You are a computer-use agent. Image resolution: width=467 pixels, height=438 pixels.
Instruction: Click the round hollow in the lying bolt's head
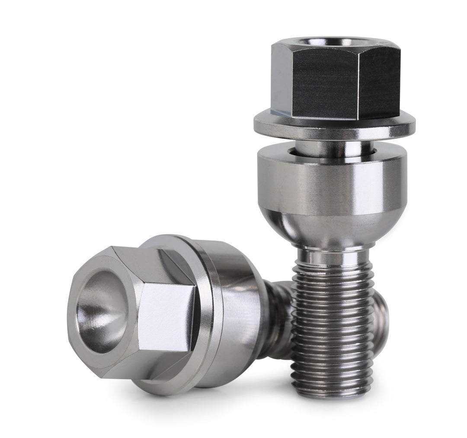pos(102,309)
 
